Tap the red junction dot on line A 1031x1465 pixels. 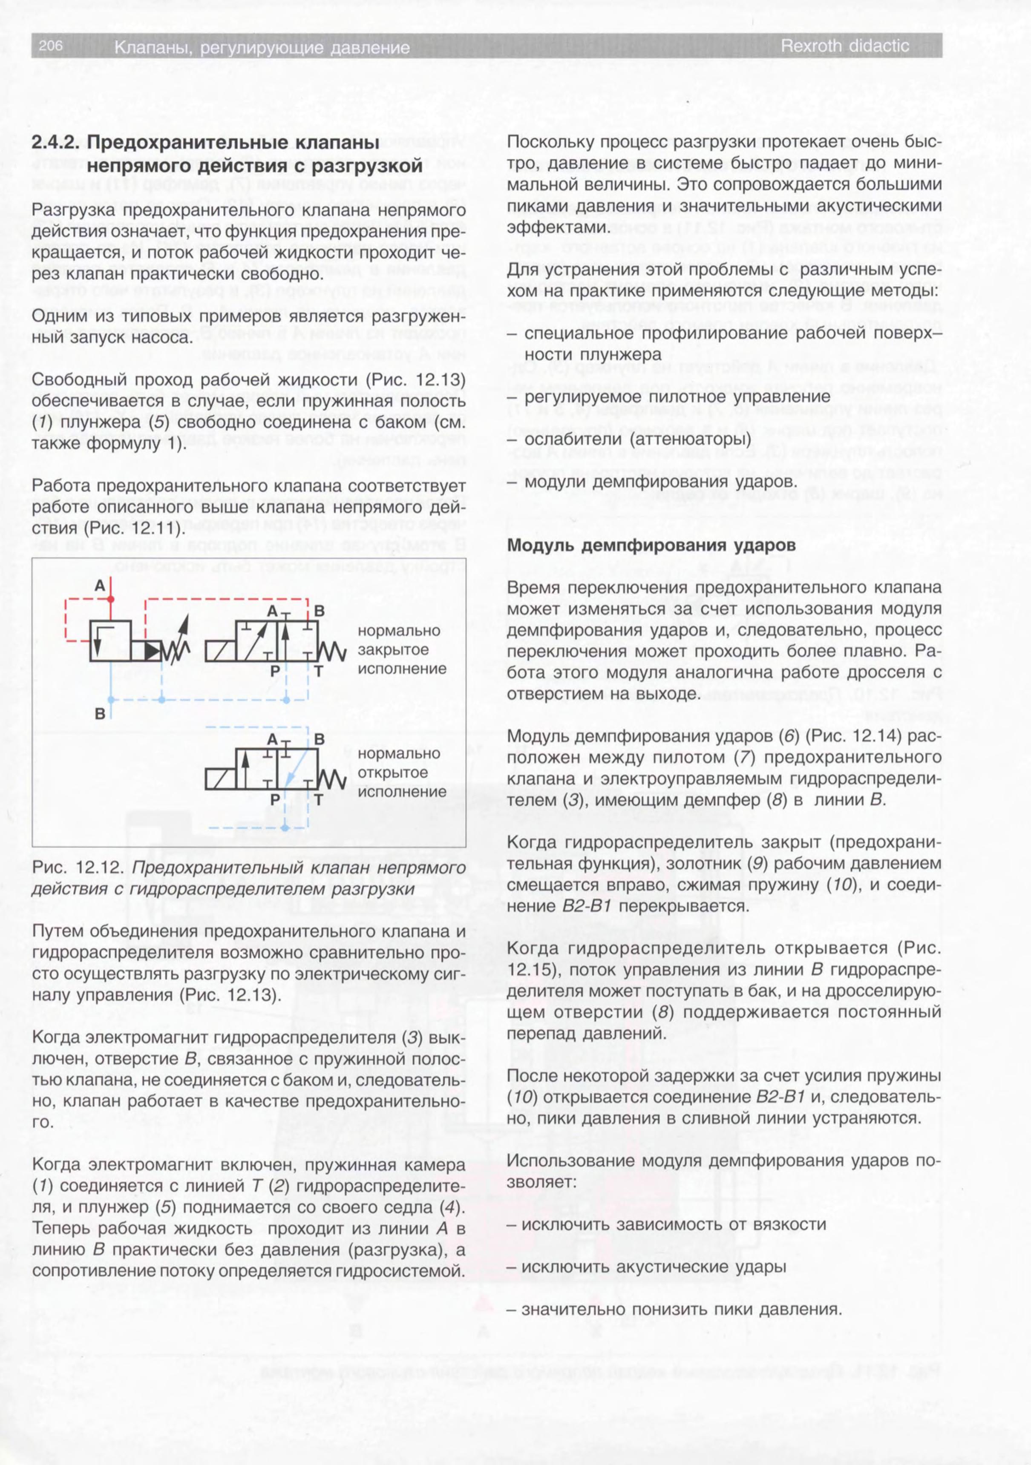(x=111, y=599)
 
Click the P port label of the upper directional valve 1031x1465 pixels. (x=275, y=671)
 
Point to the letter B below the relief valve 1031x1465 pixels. (x=100, y=714)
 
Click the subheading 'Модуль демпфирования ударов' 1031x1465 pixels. (x=651, y=546)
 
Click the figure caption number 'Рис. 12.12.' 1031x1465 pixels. (x=78, y=868)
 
